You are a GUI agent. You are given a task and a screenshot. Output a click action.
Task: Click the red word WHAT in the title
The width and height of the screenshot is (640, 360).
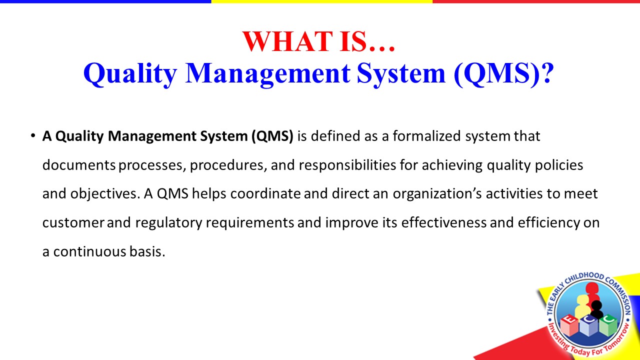tap(287, 41)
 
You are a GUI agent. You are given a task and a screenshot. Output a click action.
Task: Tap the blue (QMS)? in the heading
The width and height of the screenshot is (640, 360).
tap(503, 73)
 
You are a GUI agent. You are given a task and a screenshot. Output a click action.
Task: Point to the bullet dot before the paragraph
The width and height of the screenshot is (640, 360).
tap(33, 135)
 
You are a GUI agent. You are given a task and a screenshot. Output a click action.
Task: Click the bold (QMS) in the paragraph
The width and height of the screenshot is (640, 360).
tap(272, 136)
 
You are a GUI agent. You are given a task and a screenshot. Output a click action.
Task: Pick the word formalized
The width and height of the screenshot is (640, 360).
tap(426, 136)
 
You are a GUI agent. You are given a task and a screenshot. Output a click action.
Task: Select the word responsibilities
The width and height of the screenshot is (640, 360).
tap(347, 165)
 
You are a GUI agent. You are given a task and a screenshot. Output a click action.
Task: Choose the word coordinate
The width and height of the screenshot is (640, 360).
tap(265, 194)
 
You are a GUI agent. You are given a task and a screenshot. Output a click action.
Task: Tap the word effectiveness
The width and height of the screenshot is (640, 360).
tap(443, 222)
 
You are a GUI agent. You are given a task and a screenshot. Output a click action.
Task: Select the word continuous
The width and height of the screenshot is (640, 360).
tap(89, 252)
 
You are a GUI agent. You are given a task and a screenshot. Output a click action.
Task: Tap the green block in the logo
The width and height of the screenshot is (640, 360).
tap(608, 325)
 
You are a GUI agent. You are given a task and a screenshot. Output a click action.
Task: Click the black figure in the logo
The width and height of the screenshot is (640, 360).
tap(596, 309)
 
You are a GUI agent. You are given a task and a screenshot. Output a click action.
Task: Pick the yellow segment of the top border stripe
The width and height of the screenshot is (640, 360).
tap(322, 1)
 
